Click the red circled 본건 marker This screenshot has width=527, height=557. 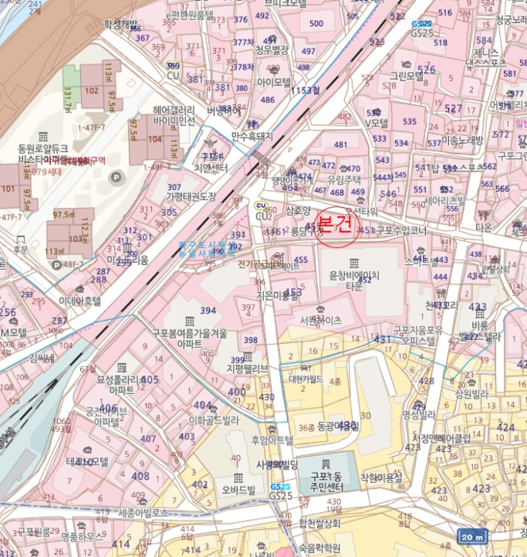(x=334, y=224)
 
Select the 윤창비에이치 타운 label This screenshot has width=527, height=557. (x=351, y=280)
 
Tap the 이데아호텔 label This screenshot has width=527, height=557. (x=80, y=302)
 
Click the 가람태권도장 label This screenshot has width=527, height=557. (x=191, y=197)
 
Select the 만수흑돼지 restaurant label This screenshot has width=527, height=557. (x=252, y=137)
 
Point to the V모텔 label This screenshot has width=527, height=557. (x=376, y=123)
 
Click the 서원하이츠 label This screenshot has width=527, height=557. (x=320, y=320)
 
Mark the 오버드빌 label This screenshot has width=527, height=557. (x=238, y=489)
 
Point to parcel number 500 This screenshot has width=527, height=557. (x=316, y=24)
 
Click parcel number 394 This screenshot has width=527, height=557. (x=208, y=311)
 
